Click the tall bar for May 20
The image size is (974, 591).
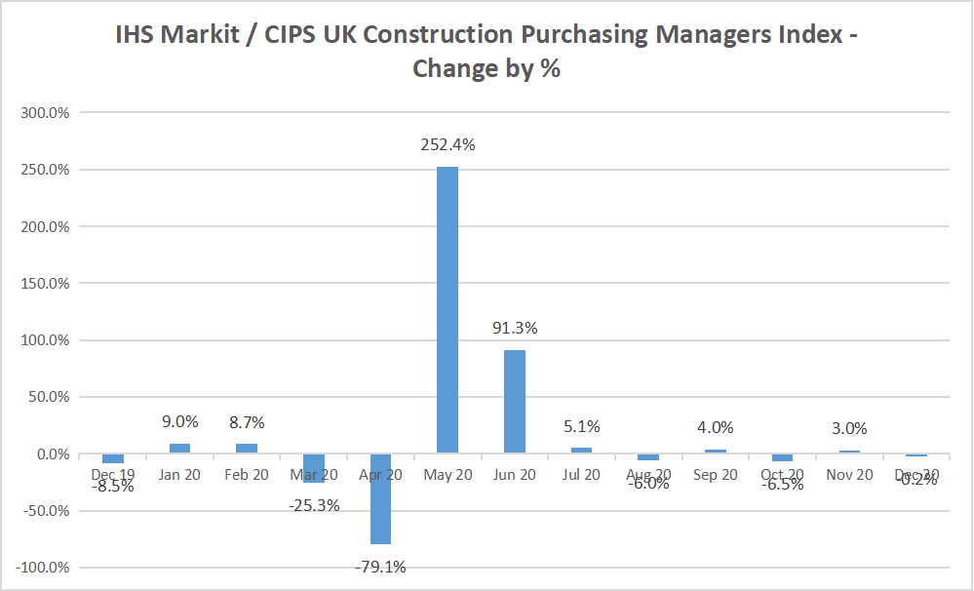click(x=448, y=310)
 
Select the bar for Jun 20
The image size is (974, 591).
click(x=515, y=402)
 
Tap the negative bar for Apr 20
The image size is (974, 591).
click(x=380, y=498)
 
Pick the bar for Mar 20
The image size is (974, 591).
click(x=313, y=468)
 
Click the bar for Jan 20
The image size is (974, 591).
click(x=179, y=449)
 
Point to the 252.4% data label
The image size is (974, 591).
click(x=448, y=144)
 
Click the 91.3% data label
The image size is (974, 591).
click(x=515, y=328)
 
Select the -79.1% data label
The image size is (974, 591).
click(x=380, y=566)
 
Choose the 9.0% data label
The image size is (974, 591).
click(x=179, y=421)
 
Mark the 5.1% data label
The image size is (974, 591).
click(x=582, y=426)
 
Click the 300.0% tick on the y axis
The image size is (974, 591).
click(x=45, y=113)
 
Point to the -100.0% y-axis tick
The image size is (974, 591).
click(x=43, y=568)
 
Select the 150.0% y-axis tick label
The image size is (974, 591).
click(x=45, y=284)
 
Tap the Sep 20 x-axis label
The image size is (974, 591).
click(x=716, y=475)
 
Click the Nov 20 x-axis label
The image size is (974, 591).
click(x=850, y=475)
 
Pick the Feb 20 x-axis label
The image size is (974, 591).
click(x=247, y=475)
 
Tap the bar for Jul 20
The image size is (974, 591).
click(x=582, y=450)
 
